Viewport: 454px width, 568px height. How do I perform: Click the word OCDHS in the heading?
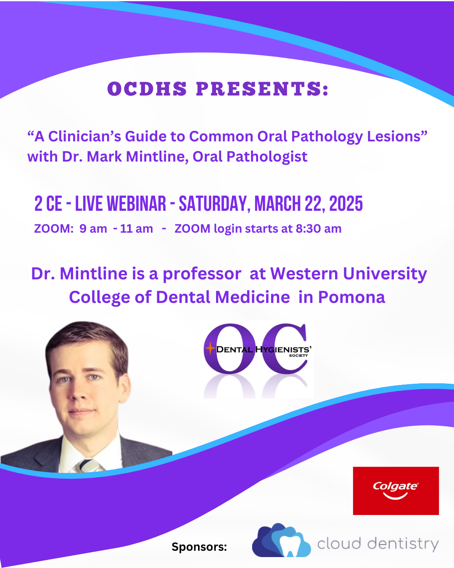[147, 89]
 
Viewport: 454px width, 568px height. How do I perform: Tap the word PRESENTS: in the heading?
[262, 89]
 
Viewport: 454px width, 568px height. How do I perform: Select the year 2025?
[346, 204]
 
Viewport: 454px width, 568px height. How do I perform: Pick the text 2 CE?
[48, 204]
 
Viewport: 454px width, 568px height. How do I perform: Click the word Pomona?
[351, 297]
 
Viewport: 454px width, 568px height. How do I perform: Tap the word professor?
[202, 273]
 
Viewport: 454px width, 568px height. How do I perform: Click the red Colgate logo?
[396, 491]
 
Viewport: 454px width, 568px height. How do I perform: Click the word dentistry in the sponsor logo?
[403, 544]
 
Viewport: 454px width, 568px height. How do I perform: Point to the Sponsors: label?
[199, 547]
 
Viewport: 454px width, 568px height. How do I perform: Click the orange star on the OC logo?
[210, 348]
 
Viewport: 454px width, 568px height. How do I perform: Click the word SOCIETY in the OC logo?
[298, 356]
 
